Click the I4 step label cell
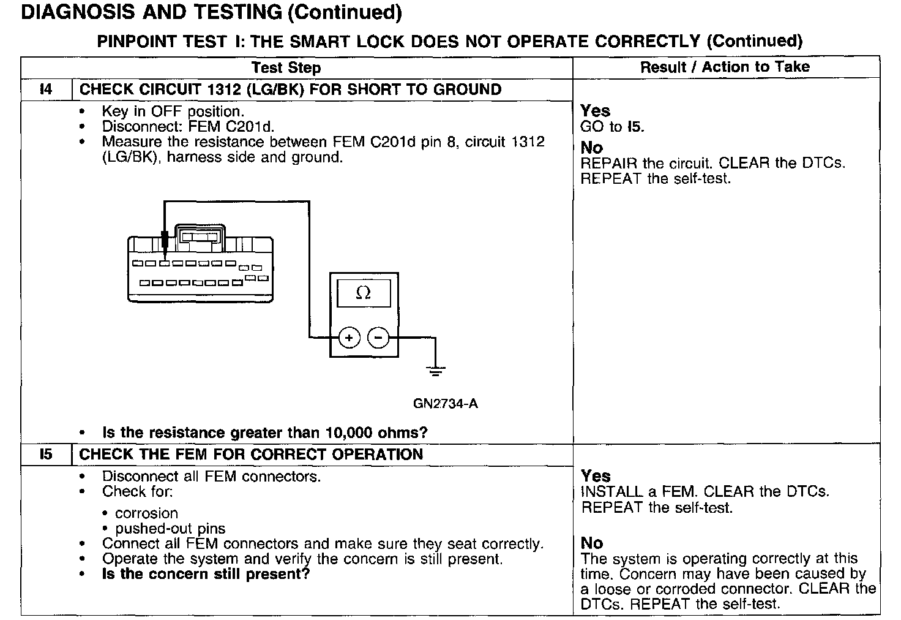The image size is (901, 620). [46, 89]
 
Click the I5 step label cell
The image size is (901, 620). [46, 455]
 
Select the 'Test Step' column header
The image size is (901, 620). [286, 67]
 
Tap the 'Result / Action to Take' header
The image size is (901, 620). [725, 67]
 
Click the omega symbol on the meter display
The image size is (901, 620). [363, 293]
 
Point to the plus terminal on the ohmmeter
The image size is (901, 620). [349, 338]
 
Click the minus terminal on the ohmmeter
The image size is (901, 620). [378, 338]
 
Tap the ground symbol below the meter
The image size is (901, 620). [435, 370]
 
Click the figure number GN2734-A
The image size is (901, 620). [445, 404]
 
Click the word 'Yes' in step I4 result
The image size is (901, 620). [595, 111]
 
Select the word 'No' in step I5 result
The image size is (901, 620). [591, 543]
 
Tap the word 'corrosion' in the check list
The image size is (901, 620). [146, 513]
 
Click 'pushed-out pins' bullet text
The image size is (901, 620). [170, 529]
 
